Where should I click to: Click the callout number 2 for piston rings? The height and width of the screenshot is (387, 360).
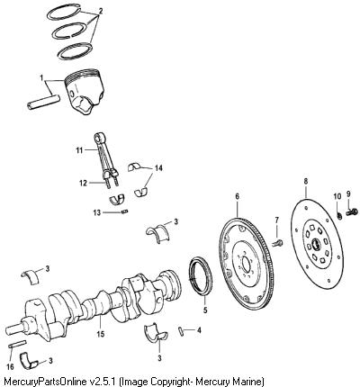click(x=101, y=12)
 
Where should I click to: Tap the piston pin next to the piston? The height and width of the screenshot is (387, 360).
click(x=43, y=103)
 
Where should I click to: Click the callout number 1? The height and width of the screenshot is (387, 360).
click(x=41, y=77)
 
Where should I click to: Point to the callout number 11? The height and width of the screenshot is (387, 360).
click(x=79, y=149)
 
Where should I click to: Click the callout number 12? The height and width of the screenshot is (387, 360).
click(x=83, y=183)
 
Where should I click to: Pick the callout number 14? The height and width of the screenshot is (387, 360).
click(x=158, y=168)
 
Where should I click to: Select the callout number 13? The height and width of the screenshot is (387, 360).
click(x=97, y=212)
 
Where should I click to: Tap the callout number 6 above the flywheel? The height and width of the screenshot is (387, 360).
click(x=237, y=196)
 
